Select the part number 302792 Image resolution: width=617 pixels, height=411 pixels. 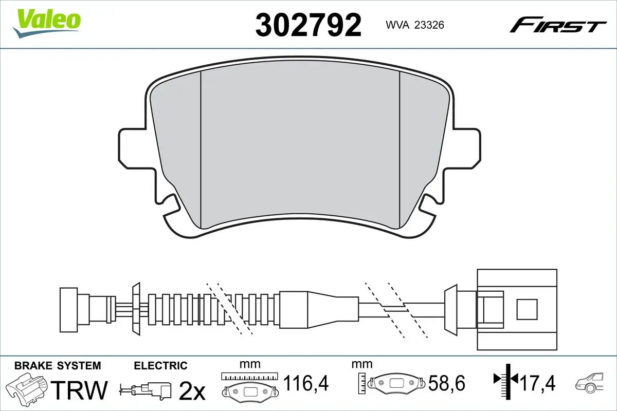[308, 24]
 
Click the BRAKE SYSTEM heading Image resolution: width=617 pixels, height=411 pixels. [58, 366]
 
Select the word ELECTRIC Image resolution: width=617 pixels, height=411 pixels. [160, 366]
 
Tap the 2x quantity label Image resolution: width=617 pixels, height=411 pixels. [191, 391]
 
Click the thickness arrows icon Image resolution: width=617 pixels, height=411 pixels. [506, 380]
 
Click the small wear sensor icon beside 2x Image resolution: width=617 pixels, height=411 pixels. [147, 390]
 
